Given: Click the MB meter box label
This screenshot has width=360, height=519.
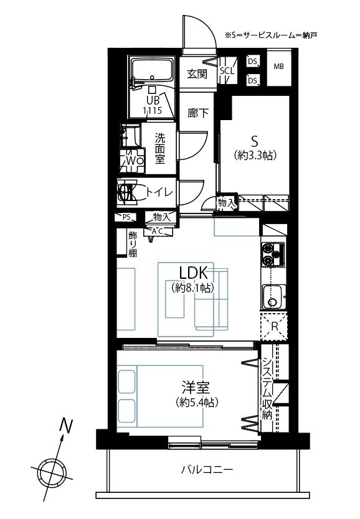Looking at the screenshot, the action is [x=278, y=67].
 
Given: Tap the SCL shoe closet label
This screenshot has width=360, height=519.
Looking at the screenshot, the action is [x=227, y=70].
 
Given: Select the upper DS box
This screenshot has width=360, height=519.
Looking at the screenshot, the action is [x=253, y=61].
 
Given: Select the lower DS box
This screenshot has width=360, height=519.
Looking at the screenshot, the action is [x=253, y=80].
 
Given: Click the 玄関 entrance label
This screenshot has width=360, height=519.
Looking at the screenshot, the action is [x=197, y=74].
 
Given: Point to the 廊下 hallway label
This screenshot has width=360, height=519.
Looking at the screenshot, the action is [x=198, y=113].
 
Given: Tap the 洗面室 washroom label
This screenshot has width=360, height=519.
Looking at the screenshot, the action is [x=160, y=148].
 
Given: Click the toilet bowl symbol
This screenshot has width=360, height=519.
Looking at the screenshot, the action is [x=127, y=192].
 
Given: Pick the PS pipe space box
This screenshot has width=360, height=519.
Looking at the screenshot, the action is [x=126, y=217].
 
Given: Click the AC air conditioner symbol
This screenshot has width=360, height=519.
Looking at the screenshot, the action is [x=158, y=231].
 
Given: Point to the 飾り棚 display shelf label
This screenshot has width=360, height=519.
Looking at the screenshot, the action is [x=133, y=245].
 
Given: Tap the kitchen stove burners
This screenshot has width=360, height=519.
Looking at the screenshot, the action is [x=273, y=254].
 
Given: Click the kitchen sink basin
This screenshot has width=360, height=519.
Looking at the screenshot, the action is [x=273, y=297].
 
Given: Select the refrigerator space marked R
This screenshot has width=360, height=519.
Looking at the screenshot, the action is [x=274, y=326].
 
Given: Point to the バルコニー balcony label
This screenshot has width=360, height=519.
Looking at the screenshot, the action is [x=207, y=470].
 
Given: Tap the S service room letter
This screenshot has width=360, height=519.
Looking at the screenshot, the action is [x=254, y=142].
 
